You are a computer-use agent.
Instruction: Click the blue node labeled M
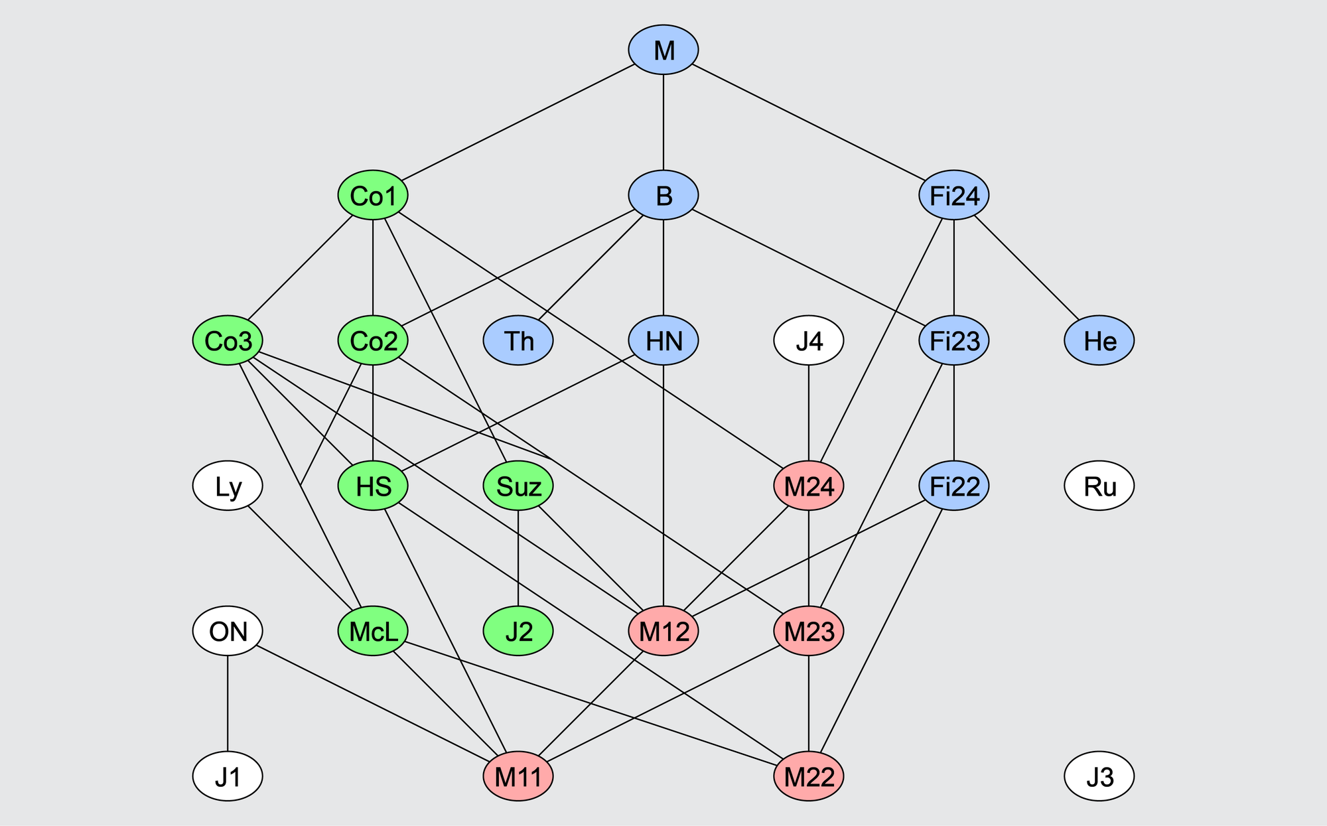[x=663, y=50]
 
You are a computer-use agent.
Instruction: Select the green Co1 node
[x=373, y=196]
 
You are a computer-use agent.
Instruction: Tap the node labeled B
[x=663, y=196]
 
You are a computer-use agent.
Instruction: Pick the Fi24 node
[x=954, y=196]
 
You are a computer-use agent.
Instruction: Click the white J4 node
[x=809, y=341]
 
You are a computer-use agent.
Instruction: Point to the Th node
[x=518, y=341]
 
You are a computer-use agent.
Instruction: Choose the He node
[x=1099, y=341]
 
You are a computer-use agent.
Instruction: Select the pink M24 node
[x=809, y=486]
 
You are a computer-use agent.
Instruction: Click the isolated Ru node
[x=1099, y=486]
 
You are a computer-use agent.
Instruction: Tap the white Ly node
[x=228, y=486]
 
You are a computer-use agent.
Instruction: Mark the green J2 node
[x=518, y=631]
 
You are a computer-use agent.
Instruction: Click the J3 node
[x=1099, y=776]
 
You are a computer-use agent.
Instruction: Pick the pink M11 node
[x=518, y=776]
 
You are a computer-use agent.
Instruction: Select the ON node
[x=228, y=631]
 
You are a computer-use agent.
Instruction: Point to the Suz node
[x=518, y=486]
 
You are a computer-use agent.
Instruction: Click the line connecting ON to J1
[x=228, y=703]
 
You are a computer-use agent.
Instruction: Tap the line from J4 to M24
[x=809, y=413]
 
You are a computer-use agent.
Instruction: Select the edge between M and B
[x=663, y=123]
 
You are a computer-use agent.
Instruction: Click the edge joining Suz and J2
[x=518, y=559]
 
